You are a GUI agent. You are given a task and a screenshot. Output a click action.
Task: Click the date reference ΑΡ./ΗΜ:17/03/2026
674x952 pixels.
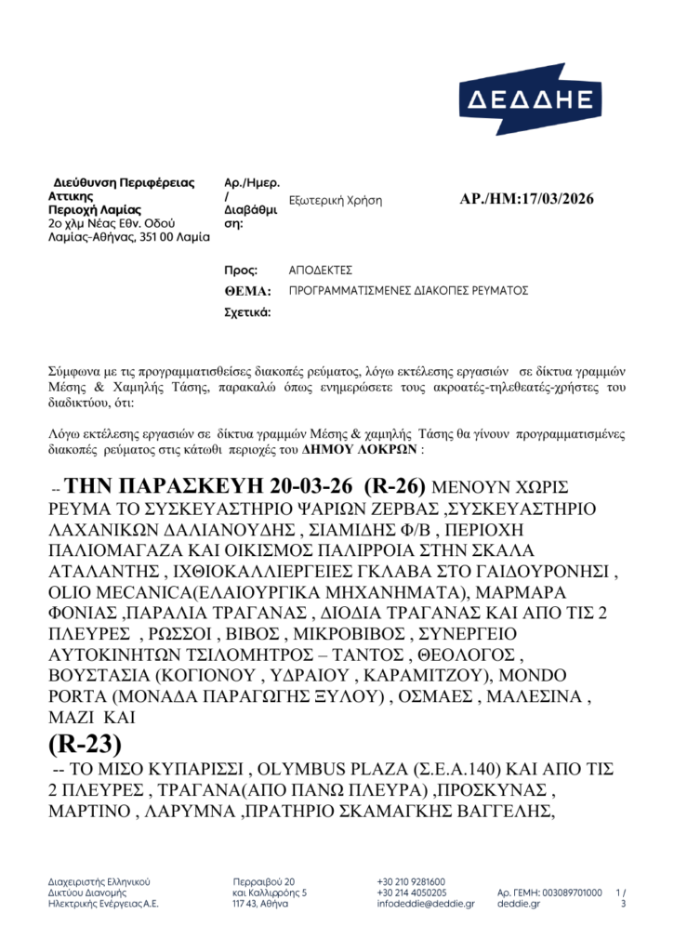coord(526,199)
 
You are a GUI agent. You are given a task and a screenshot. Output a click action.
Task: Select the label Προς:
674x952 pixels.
coord(241,270)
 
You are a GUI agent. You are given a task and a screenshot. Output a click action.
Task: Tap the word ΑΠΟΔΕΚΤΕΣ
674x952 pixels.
coord(321,270)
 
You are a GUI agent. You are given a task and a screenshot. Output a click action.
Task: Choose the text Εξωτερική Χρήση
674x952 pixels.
coord(336,200)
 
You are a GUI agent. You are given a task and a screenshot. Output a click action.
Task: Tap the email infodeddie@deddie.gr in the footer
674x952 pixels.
coord(426,903)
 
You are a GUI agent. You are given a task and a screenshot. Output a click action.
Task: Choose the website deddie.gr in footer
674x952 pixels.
coord(518,903)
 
